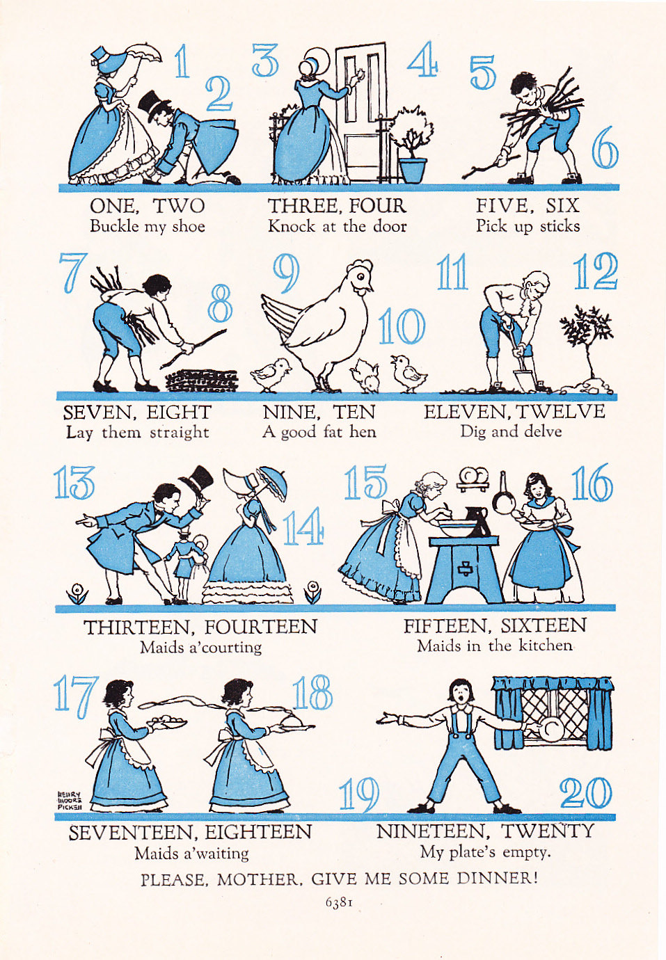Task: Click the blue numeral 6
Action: click(x=605, y=148)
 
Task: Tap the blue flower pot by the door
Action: click(x=413, y=170)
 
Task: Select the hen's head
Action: click(x=360, y=276)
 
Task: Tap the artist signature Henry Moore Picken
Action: click(x=70, y=800)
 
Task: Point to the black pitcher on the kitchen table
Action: click(x=477, y=521)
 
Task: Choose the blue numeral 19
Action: click(x=359, y=794)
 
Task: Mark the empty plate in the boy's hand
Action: click(x=550, y=730)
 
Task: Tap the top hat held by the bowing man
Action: click(x=196, y=480)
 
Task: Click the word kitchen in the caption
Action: click(x=545, y=646)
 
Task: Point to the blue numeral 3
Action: click(x=265, y=61)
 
